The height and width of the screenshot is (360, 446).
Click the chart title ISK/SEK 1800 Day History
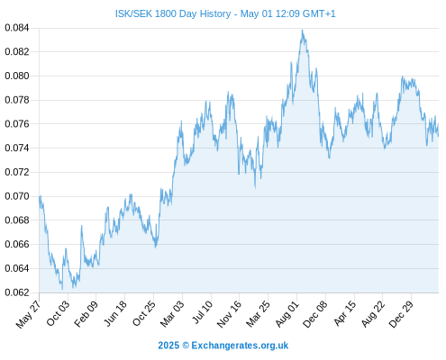click(x=173, y=13)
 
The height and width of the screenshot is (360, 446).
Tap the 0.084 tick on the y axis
click(x=17, y=28)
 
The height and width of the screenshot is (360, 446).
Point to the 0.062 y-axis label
click(x=17, y=292)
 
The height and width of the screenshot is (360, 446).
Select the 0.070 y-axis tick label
click(x=17, y=196)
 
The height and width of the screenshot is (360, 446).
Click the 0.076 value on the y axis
click(x=17, y=123)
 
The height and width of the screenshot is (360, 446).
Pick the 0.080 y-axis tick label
click(x=17, y=76)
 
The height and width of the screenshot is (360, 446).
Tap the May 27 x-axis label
click(x=28, y=314)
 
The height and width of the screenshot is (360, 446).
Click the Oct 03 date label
click(x=58, y=313)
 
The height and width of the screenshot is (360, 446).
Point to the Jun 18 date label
click(x=115, y=313)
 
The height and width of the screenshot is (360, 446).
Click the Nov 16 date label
click(x=229, y=314)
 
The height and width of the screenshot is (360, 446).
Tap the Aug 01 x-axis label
click(x=287, y=314)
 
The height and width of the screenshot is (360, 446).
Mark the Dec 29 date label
click(x=401, y=314)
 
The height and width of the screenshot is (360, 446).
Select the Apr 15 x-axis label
click(x=345, y=313)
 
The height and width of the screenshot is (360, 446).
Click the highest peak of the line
click(x=302, y=30)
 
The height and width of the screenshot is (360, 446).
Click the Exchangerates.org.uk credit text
click(x=240, y=346)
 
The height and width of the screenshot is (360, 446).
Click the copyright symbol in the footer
click(x=186, y=346)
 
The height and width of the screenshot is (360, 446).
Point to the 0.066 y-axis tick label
click(x=17, y=244)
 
